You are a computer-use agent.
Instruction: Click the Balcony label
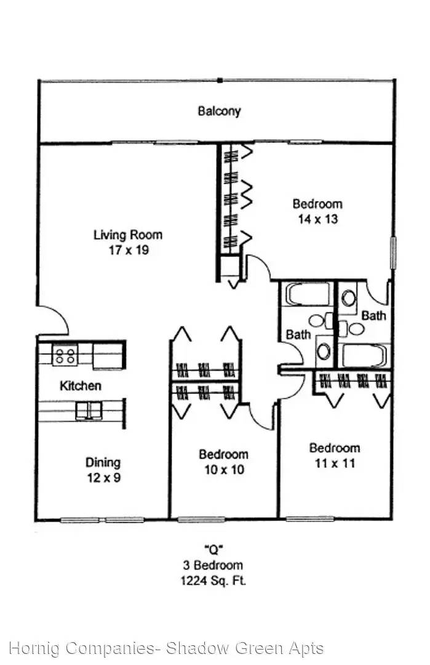(x=219, y=111)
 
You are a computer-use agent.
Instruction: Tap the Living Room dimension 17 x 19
(x=129, y=250)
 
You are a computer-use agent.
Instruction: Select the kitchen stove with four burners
(x=65, y=355)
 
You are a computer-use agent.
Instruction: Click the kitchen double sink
(x=89, y=411)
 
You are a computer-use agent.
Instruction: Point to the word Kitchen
(x=81, y=385)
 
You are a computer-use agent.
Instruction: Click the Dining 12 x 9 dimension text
(x=104, y=478)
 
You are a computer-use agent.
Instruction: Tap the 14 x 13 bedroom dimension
(x=318, y=219)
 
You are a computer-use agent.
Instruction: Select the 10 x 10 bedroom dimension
(x=224, y=469)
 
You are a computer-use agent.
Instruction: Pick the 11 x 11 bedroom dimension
(x=335, y=463)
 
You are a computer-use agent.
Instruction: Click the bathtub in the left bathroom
(x=308, y=294)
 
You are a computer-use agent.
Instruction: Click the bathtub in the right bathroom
(x=364, y=355)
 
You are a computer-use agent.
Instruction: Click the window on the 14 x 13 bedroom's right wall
(x=392, y=253)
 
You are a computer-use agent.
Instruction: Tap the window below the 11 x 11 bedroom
(x=309, y=518)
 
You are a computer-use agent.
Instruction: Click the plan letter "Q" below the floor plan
(x=213, y=550)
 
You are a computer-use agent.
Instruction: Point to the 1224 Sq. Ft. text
(x=213, y=580)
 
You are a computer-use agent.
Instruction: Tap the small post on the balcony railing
(x=220, y=80)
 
